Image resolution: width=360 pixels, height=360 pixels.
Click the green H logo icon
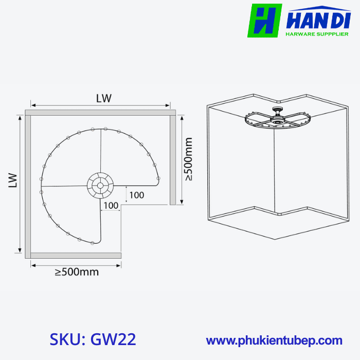pyautogui.click(x=264, y=21)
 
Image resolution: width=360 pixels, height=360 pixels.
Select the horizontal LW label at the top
pyautogui.click(x=103, y=98)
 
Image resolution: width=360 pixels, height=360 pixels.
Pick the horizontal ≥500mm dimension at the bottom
pyautogui.click(x=77, y=272)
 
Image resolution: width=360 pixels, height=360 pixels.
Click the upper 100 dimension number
pyautogui.click(x=136, y=195)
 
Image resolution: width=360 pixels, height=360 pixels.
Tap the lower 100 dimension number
pyautogui.click(x=111, y=206)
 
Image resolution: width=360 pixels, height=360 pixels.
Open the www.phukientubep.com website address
pyautogui.click(x=274, y=340)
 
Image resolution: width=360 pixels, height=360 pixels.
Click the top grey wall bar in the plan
pyautogui.click(x=100, y=112)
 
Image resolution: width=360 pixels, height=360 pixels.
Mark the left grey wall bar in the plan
pyautogui.click(x=28, y=184)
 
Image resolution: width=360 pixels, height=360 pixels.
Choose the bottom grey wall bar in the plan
pyautogui.click(x=76, y=255)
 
